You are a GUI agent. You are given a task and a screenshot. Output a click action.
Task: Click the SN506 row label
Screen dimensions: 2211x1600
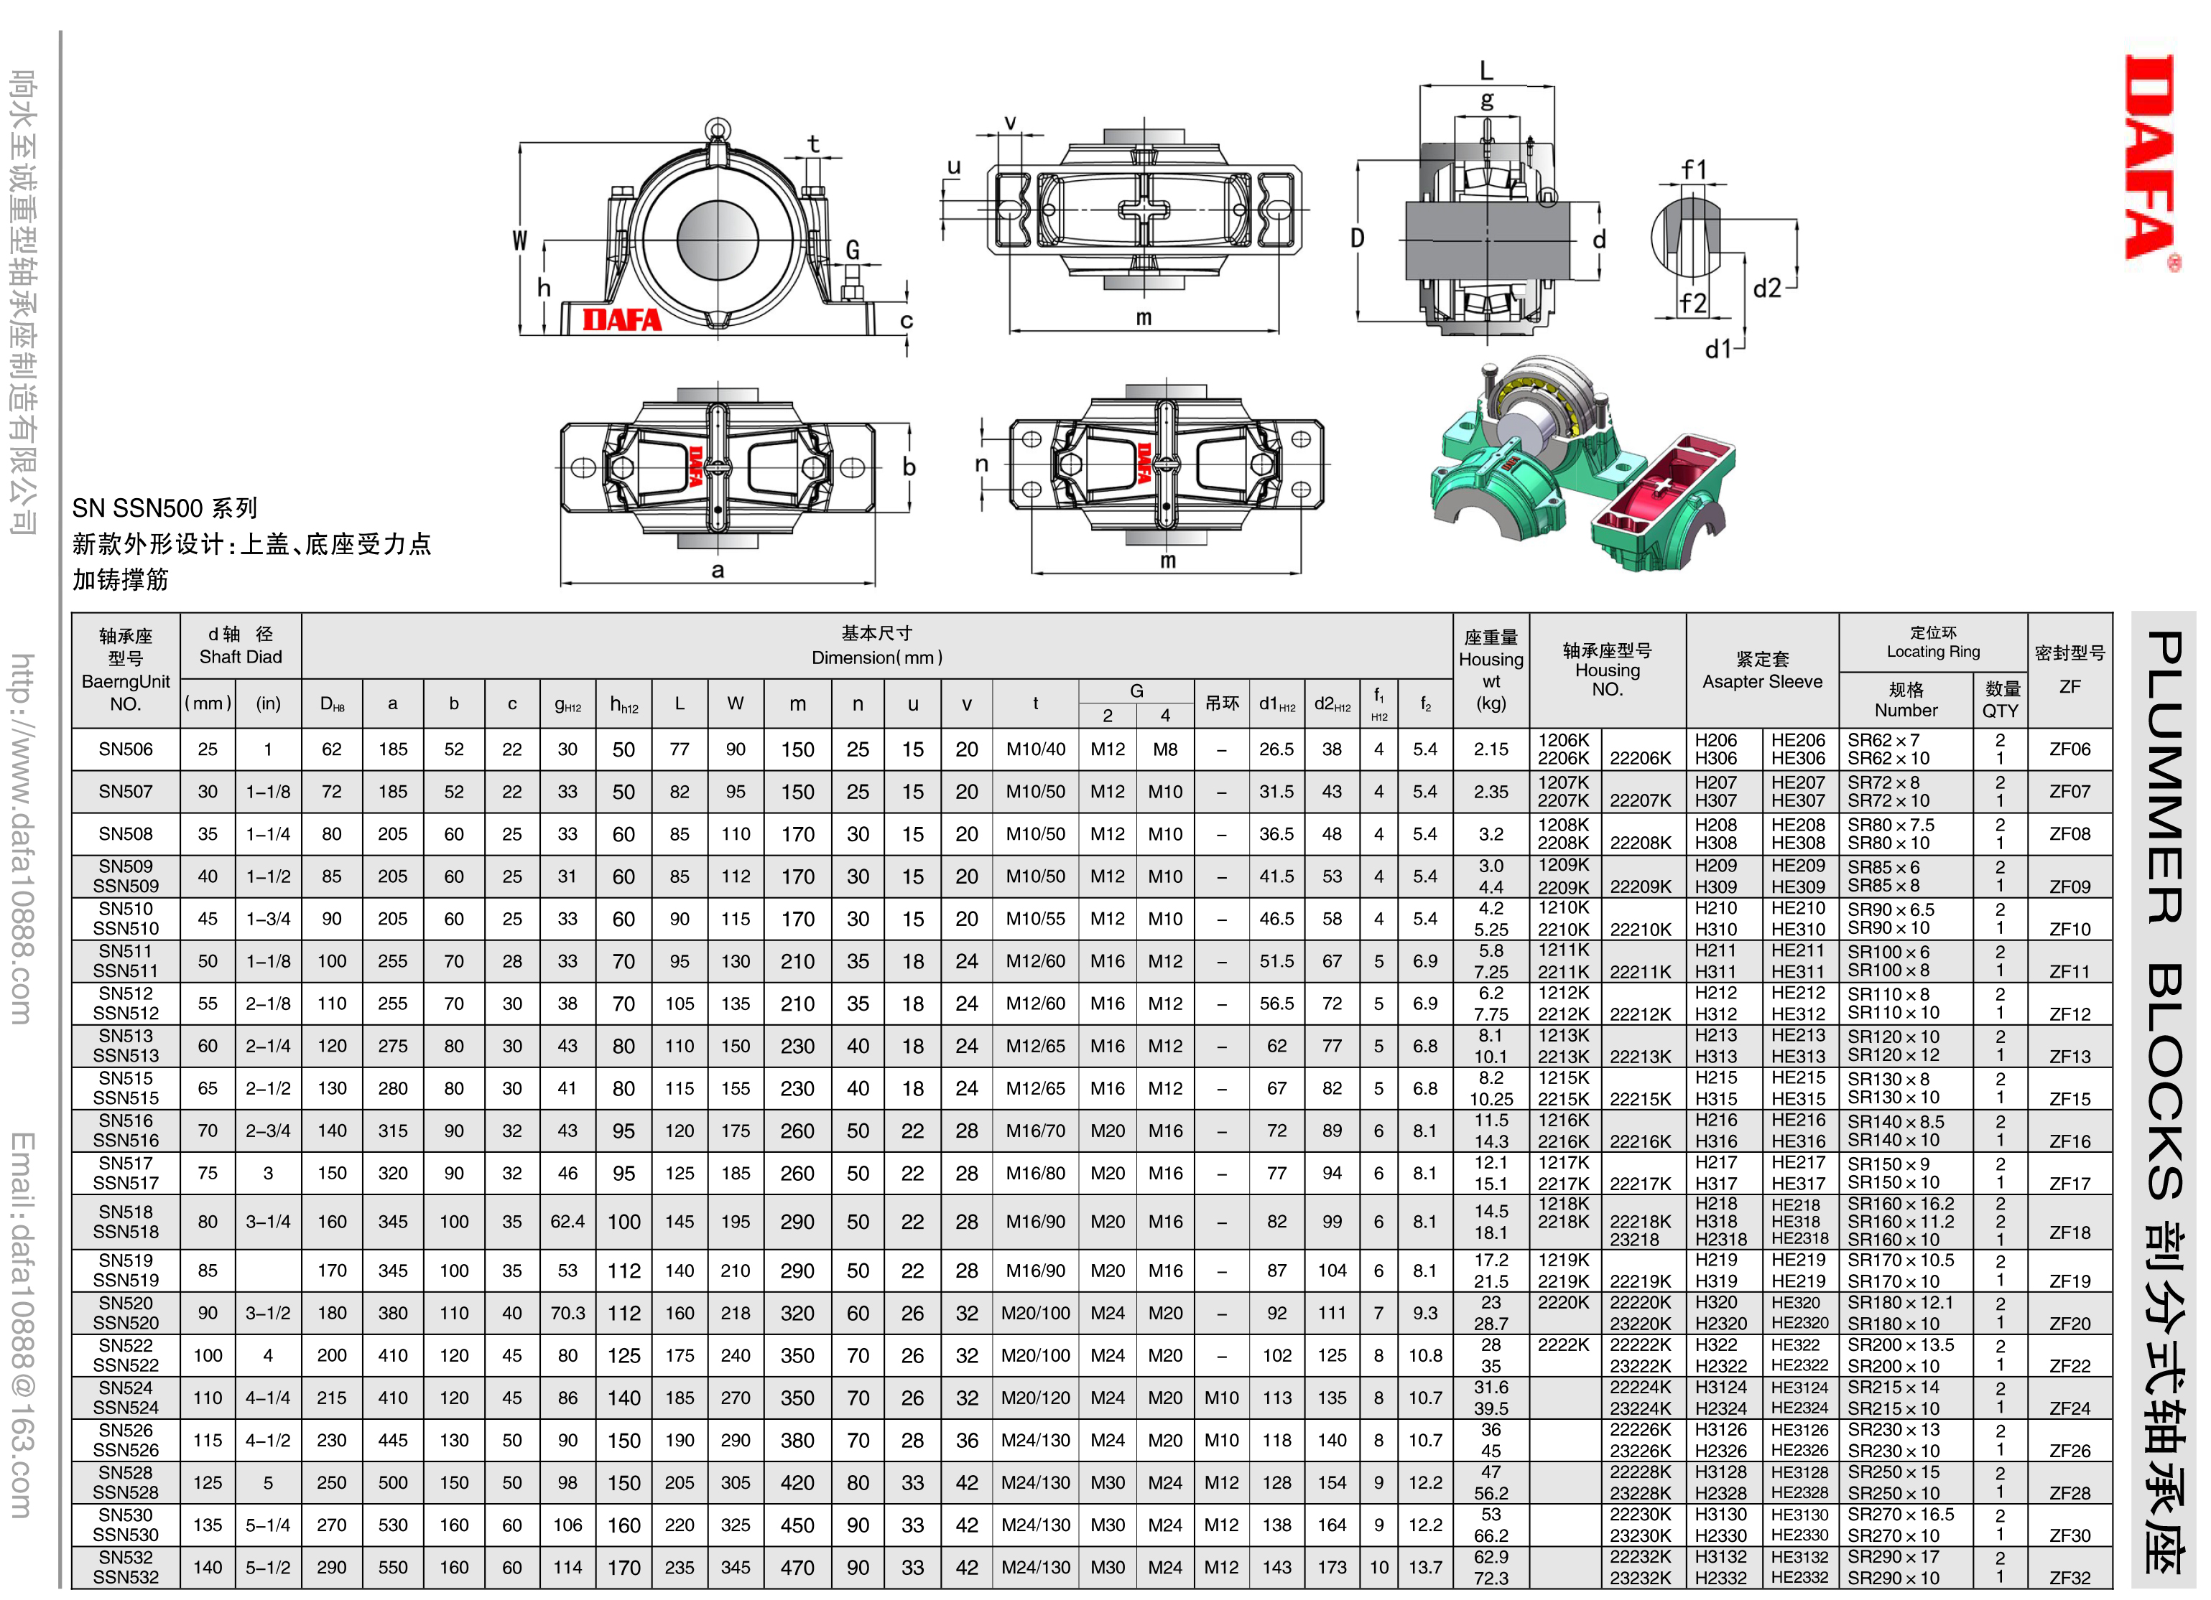[126, 749]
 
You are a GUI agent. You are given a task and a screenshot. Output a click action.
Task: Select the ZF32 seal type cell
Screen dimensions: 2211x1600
[2069, 1578]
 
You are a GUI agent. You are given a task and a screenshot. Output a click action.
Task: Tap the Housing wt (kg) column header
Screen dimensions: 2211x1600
[1491, 670]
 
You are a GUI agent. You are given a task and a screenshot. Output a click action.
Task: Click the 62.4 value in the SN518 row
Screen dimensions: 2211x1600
[567, 1222]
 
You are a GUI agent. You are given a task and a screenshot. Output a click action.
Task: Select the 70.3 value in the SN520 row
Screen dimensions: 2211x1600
[567, 1314]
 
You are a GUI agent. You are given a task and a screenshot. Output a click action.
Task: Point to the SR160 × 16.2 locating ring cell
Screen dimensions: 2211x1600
[1901, 1204]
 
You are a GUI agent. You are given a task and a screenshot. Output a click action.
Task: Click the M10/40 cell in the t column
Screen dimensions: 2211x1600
[1035, 749]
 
